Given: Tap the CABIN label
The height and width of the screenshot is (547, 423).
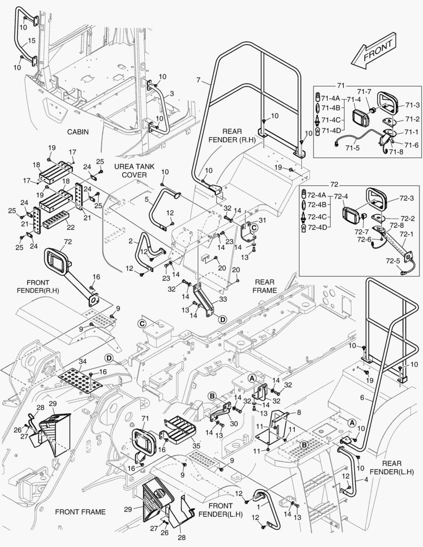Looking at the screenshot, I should pyautogui.click(x=78, y=132).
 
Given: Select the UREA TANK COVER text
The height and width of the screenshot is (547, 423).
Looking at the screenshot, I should pyautogui.click(x=130, y=171).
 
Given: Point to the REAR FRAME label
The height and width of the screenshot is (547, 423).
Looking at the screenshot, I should pyautogui.click(x=265, y=286).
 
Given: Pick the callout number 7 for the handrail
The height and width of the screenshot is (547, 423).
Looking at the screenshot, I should pyautogui.click(x=199, y=80).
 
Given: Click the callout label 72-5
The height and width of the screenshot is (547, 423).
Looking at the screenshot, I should pyautogui.click(x=393, y=261).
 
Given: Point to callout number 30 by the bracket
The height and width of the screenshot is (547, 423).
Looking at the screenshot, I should pyautogui.click(x=234, y=423).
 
